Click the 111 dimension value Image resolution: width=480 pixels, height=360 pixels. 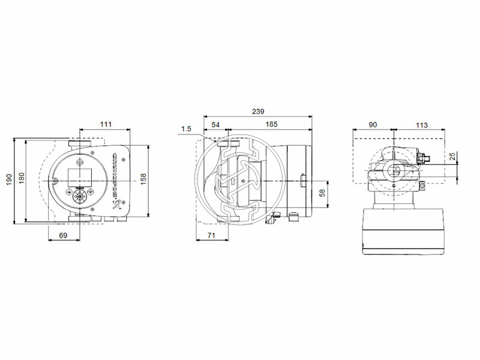point(106,124)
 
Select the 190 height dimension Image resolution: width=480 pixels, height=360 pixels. point(9,180)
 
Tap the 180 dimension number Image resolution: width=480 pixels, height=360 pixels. point(22,179)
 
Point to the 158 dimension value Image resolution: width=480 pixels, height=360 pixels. point(144,179)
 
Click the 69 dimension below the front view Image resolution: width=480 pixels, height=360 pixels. point(64,236)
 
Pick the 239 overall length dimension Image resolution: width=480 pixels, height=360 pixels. point(257,112)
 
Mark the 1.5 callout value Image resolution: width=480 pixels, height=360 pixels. point(186,128)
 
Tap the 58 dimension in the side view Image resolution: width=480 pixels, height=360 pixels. point(322,193)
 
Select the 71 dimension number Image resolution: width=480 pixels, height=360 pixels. point(212,236)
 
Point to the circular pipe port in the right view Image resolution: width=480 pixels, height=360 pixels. point(394,171)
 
